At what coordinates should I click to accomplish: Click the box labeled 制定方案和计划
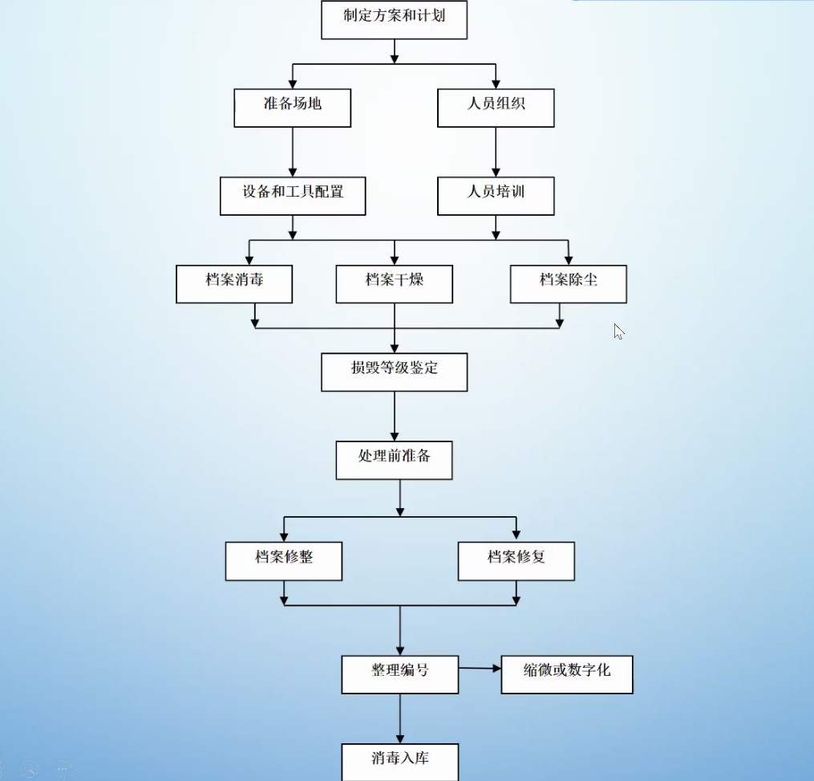(x=394, y=19)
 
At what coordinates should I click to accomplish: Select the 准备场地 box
(x=292, y=108)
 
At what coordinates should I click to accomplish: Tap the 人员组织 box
(x=496, y=108)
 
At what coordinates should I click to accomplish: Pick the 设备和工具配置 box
(x=293, y=196)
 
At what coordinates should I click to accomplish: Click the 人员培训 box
(x=496, y=196)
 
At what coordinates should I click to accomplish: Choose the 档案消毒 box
(x=234, y=283)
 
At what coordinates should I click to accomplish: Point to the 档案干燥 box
(x=394, y=283)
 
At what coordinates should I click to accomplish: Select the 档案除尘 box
(x=568, y=283)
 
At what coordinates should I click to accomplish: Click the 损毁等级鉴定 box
(x=394, y=372)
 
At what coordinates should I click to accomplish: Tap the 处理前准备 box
(x=394, y=460)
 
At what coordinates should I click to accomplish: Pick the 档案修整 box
(x=283, y=560)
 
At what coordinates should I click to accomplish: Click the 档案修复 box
(x=516, y=560)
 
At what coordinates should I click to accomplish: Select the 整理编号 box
(x=399, y=674)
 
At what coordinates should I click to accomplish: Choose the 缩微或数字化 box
(x=566, y=674)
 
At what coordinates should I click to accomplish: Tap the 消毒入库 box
(x=399, y=761)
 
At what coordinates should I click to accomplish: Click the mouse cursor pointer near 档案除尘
(x=618, y=331)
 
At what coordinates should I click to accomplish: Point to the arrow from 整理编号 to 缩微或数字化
(x=480, y=668)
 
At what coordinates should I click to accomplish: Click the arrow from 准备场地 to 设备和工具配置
(x=293, y=152)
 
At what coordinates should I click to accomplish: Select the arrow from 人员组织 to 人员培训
(x=496, y=152)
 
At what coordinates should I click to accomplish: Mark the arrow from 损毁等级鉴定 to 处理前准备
(x=394, y=416)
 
